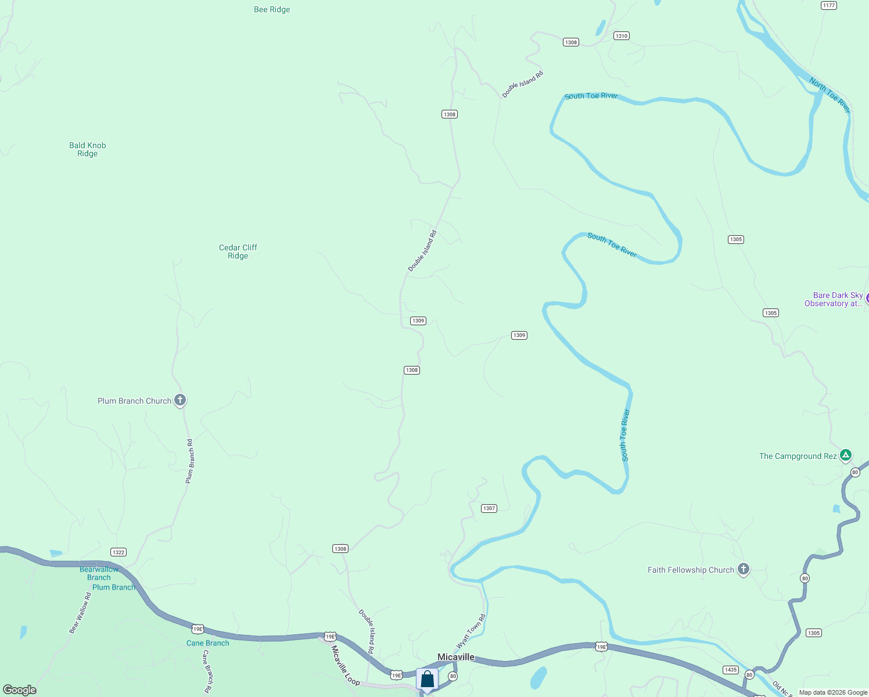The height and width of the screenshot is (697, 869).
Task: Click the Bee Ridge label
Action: tap(272, 9)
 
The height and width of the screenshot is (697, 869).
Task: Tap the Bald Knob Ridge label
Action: tap(88, 149)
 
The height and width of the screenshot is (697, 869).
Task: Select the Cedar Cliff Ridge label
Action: tap(238, 252)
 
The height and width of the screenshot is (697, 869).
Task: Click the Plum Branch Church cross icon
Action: tap(180, 400)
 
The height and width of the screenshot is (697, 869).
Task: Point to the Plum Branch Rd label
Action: tap(190, 461)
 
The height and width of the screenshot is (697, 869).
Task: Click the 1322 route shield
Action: tap(119, 552)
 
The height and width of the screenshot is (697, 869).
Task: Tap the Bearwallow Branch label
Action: tap(99, 573)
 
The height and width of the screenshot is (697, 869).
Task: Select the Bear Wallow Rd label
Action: tap(80, 613)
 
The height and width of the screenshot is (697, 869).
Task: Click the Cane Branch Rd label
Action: tap(206, 671)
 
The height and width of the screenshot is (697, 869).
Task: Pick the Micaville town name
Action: tap(456, 657)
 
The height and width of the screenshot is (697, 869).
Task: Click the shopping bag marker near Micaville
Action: tap(427, 679)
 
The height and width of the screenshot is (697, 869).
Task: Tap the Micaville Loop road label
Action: tap(346, 666)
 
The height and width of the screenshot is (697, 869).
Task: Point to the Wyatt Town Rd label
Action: tap(471, 632)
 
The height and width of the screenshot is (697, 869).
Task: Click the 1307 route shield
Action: tap(489, 508)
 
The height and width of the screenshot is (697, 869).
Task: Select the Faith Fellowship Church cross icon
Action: tap(744, 569)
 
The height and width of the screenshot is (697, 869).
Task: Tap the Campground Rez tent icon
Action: tap(846, 455)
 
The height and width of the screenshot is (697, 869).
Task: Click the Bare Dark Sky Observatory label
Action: tap(834, 299)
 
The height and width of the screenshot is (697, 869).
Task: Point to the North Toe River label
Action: tap(830, 95)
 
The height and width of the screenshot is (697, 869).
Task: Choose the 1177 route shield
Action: tap(829, 5)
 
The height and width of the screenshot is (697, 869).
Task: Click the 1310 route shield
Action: tap(622, 36)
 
